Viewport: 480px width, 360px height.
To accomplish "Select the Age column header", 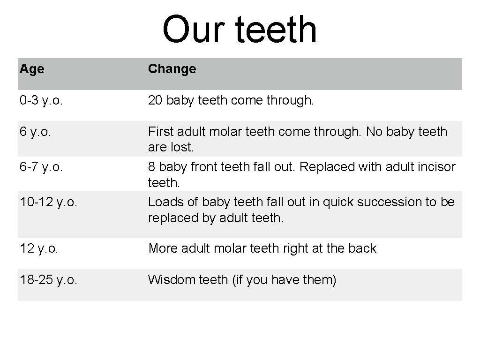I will (x=32, y=69).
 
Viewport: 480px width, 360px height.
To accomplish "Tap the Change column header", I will (x=172, y=69).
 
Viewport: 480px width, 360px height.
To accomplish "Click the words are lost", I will (x=171, y=147).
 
